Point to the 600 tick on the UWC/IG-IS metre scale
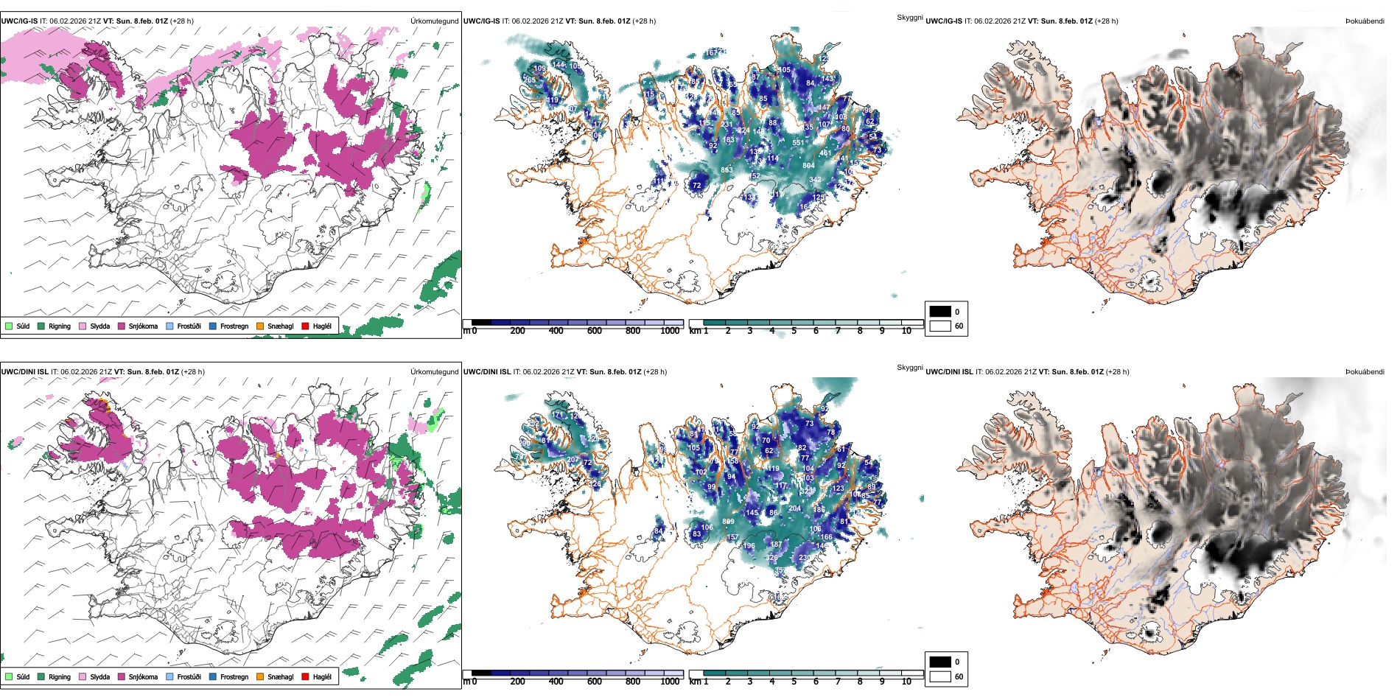click(x=594, y=331)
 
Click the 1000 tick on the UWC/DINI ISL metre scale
click(x=670, y=682)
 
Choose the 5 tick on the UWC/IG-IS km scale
click(x=794, y=331)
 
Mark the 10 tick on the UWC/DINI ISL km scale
click(x=906, y=682)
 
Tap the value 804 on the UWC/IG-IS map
click(x=808, y=166)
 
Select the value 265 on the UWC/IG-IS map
click(x=530, y=80)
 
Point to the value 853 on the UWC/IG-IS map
click(x=727, y=170)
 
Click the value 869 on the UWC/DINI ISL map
click(x=728, y=522)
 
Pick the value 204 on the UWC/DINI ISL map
click(x=794, y=508)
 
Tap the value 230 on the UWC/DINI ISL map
click(x=804, y=558)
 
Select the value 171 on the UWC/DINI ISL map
click(x=558, y=415)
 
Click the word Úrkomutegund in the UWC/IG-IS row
click(x=434, y=21)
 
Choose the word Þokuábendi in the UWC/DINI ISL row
click(x=1365, y=372)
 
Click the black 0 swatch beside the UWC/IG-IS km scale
click(x=940, y=312)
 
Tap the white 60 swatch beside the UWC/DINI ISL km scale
click(x=940, y=676)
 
